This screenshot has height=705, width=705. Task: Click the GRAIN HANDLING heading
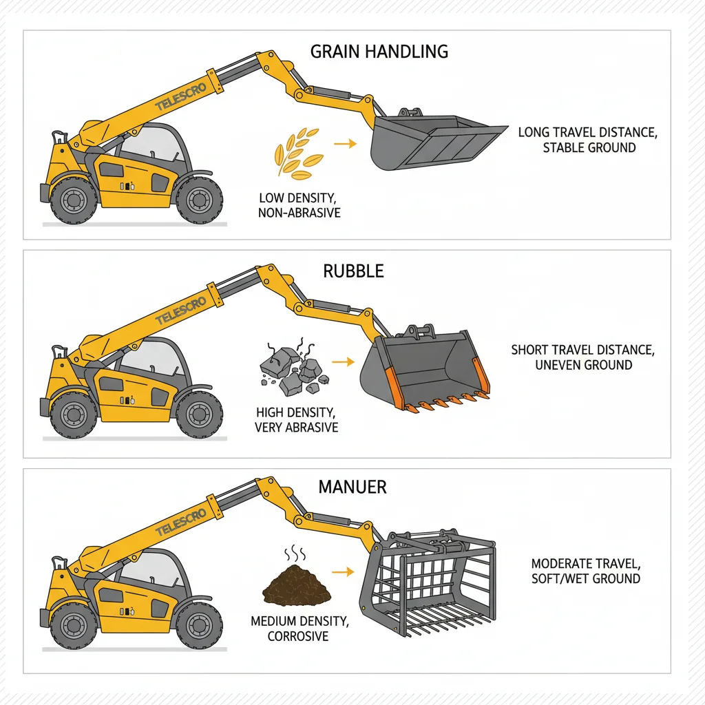point(379,52)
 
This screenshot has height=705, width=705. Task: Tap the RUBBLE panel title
point(353,271)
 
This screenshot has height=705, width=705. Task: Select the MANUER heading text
point(352,487)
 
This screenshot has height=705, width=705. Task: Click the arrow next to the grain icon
point(345,144)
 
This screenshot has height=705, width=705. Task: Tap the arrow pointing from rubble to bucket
point(341,361)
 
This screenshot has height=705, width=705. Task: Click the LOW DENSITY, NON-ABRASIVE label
point(299,205)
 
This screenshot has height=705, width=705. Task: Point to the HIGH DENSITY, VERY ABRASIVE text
point(297,420)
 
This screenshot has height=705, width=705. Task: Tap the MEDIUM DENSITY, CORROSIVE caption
point(299,629)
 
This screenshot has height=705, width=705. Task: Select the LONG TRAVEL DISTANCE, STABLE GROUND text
point(587,140)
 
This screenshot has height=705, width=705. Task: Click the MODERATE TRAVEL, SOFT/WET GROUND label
point(586,571)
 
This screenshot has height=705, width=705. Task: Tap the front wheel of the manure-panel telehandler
point(199,628)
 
